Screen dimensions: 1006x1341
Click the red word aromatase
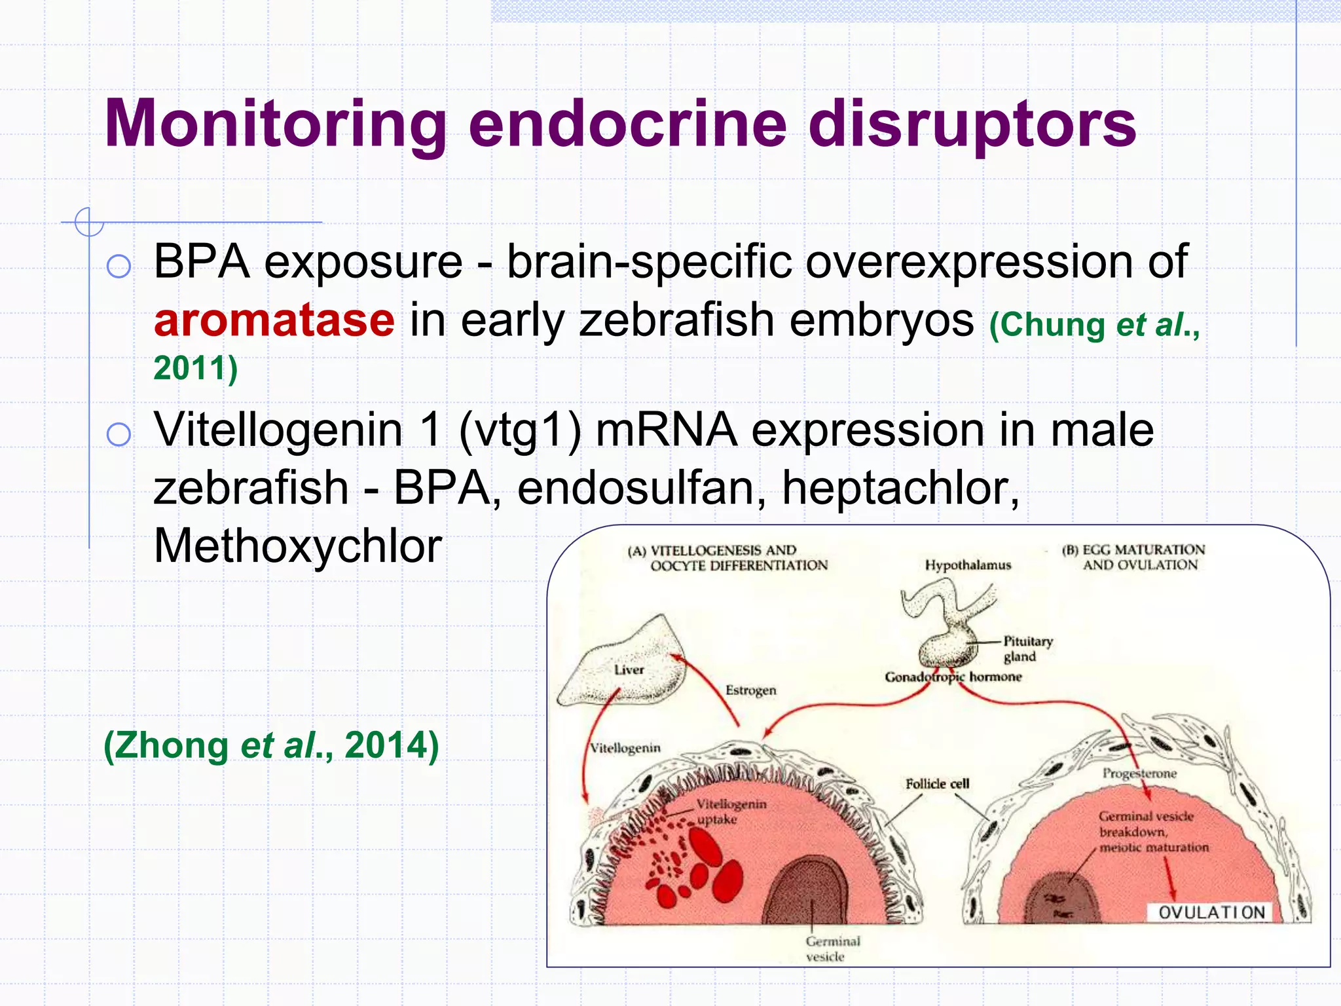274,320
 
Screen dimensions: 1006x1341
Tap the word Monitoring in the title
275,124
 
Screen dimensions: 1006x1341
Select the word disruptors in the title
972,124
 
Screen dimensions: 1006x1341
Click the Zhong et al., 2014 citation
271,745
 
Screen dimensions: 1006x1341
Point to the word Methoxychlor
298,546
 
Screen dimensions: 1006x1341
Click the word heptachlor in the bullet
900,489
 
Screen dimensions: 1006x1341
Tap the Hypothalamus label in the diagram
968,565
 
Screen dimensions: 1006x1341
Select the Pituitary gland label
1027,649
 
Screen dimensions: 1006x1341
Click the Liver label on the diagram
629,669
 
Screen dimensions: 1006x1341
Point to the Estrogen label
750,690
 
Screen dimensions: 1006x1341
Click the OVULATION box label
1211,912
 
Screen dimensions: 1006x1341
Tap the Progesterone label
1139,773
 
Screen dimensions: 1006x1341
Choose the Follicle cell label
937,784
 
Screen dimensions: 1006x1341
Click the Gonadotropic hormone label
953,677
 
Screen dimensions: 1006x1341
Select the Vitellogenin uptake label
731,811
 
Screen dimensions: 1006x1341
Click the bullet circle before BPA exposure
119,266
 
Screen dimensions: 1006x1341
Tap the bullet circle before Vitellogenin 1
119,434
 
